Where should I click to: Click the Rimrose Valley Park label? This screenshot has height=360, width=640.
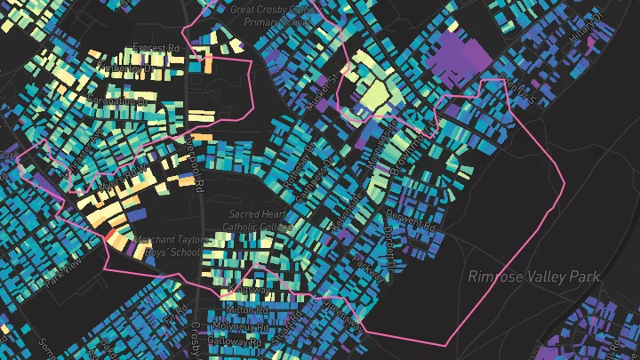(x=534, y=276)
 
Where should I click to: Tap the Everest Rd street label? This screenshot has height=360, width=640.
(x=156, y=46)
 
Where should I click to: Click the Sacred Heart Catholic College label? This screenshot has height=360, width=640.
(x=260, y=220)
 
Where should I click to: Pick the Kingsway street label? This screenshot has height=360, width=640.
(x=242, y=292)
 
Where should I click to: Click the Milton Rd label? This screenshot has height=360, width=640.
(x=248, y=310)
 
